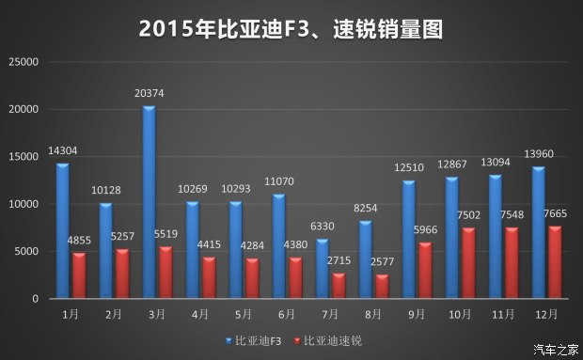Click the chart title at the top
point(291,27)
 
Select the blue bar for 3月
point(149,203)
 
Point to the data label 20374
point(150,93)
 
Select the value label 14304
point(62,150)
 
